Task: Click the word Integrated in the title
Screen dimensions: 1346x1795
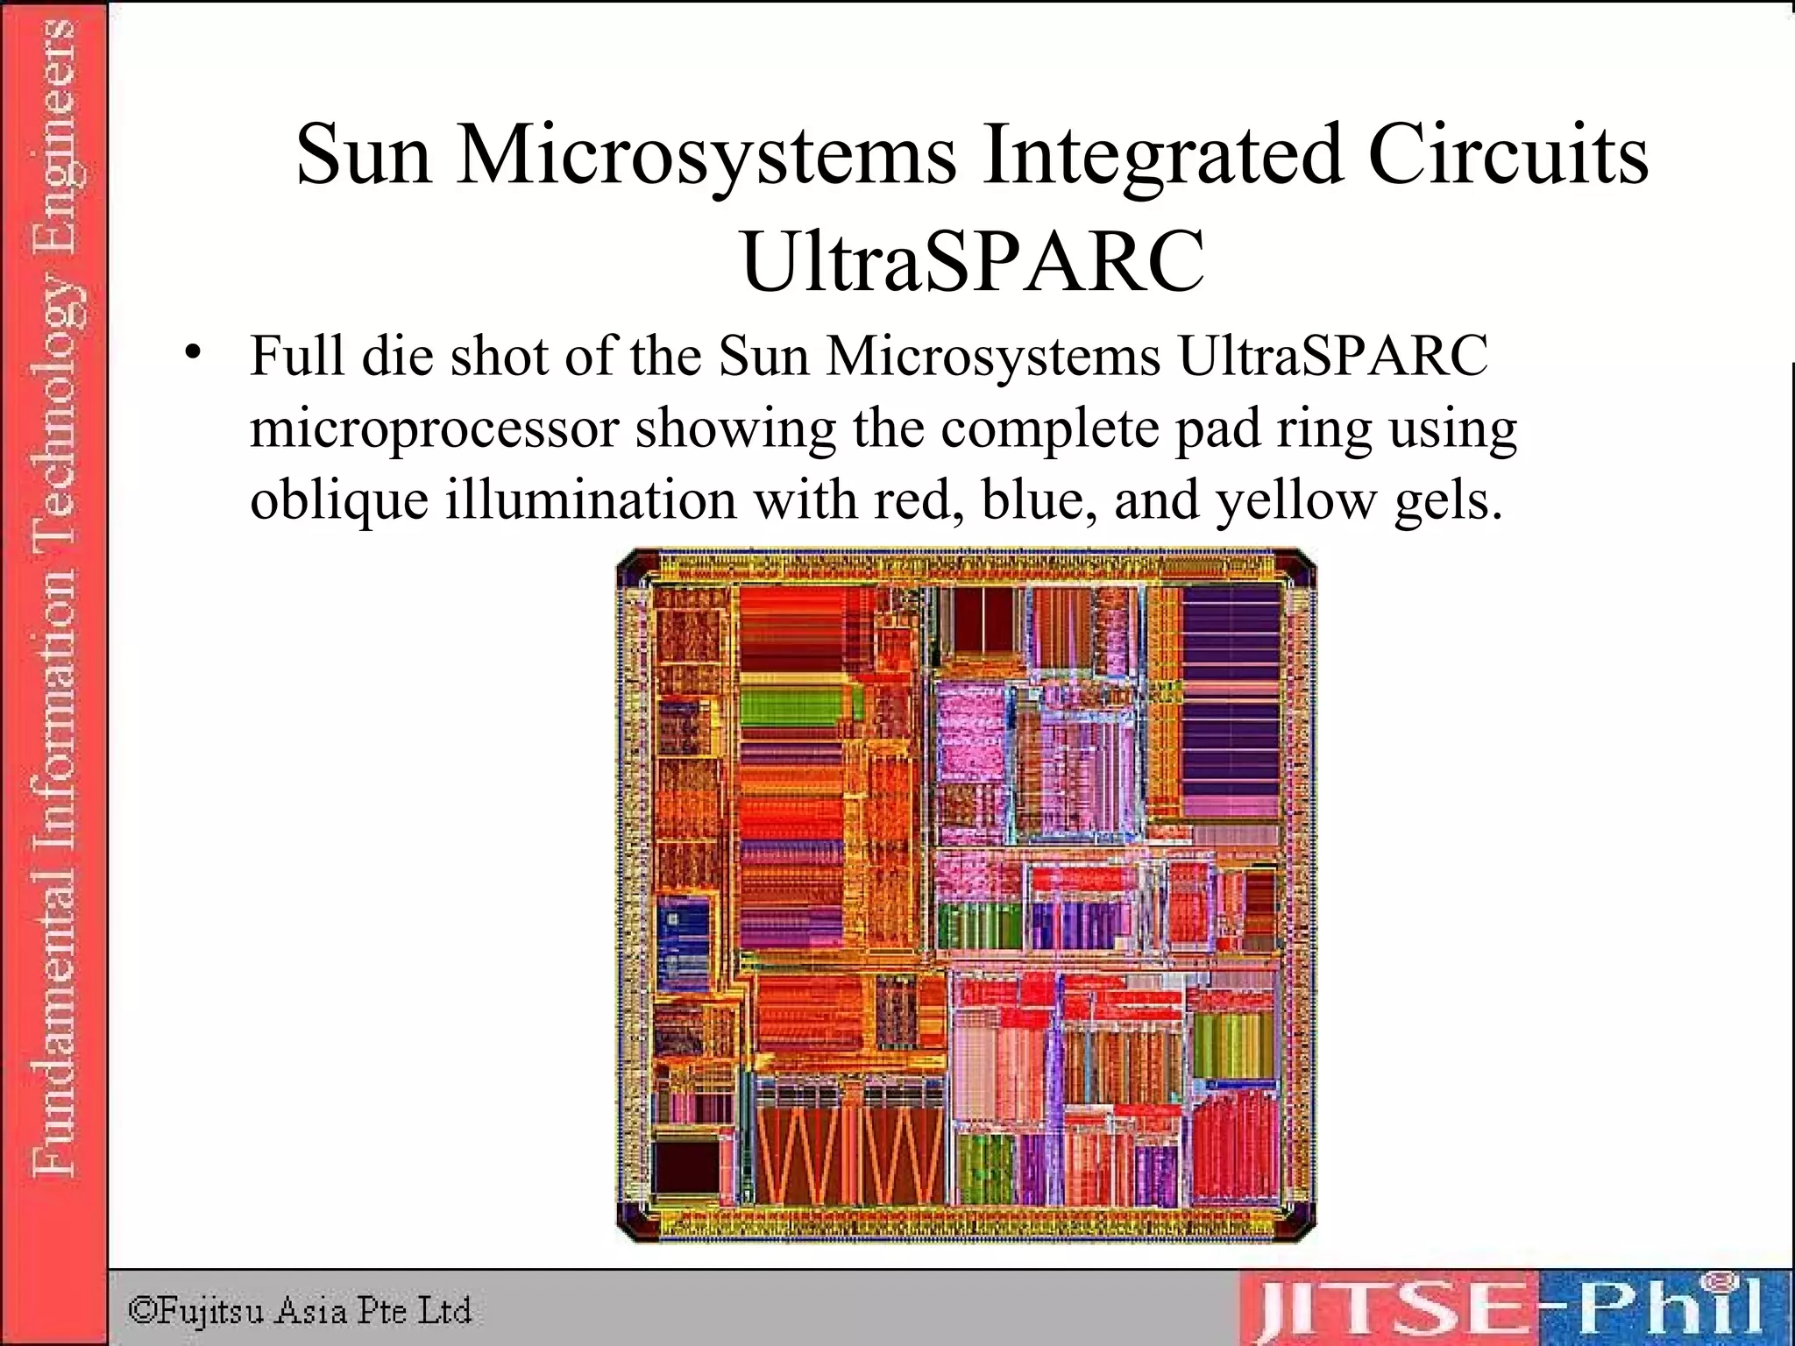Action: coord(1162,156)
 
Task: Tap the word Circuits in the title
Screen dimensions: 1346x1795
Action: coord(1508,156)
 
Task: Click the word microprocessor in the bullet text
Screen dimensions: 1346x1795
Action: coord(435,429)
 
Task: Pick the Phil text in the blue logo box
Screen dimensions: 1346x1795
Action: coord(1670,1311)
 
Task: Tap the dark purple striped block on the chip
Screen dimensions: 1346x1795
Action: coord(1231,701)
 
